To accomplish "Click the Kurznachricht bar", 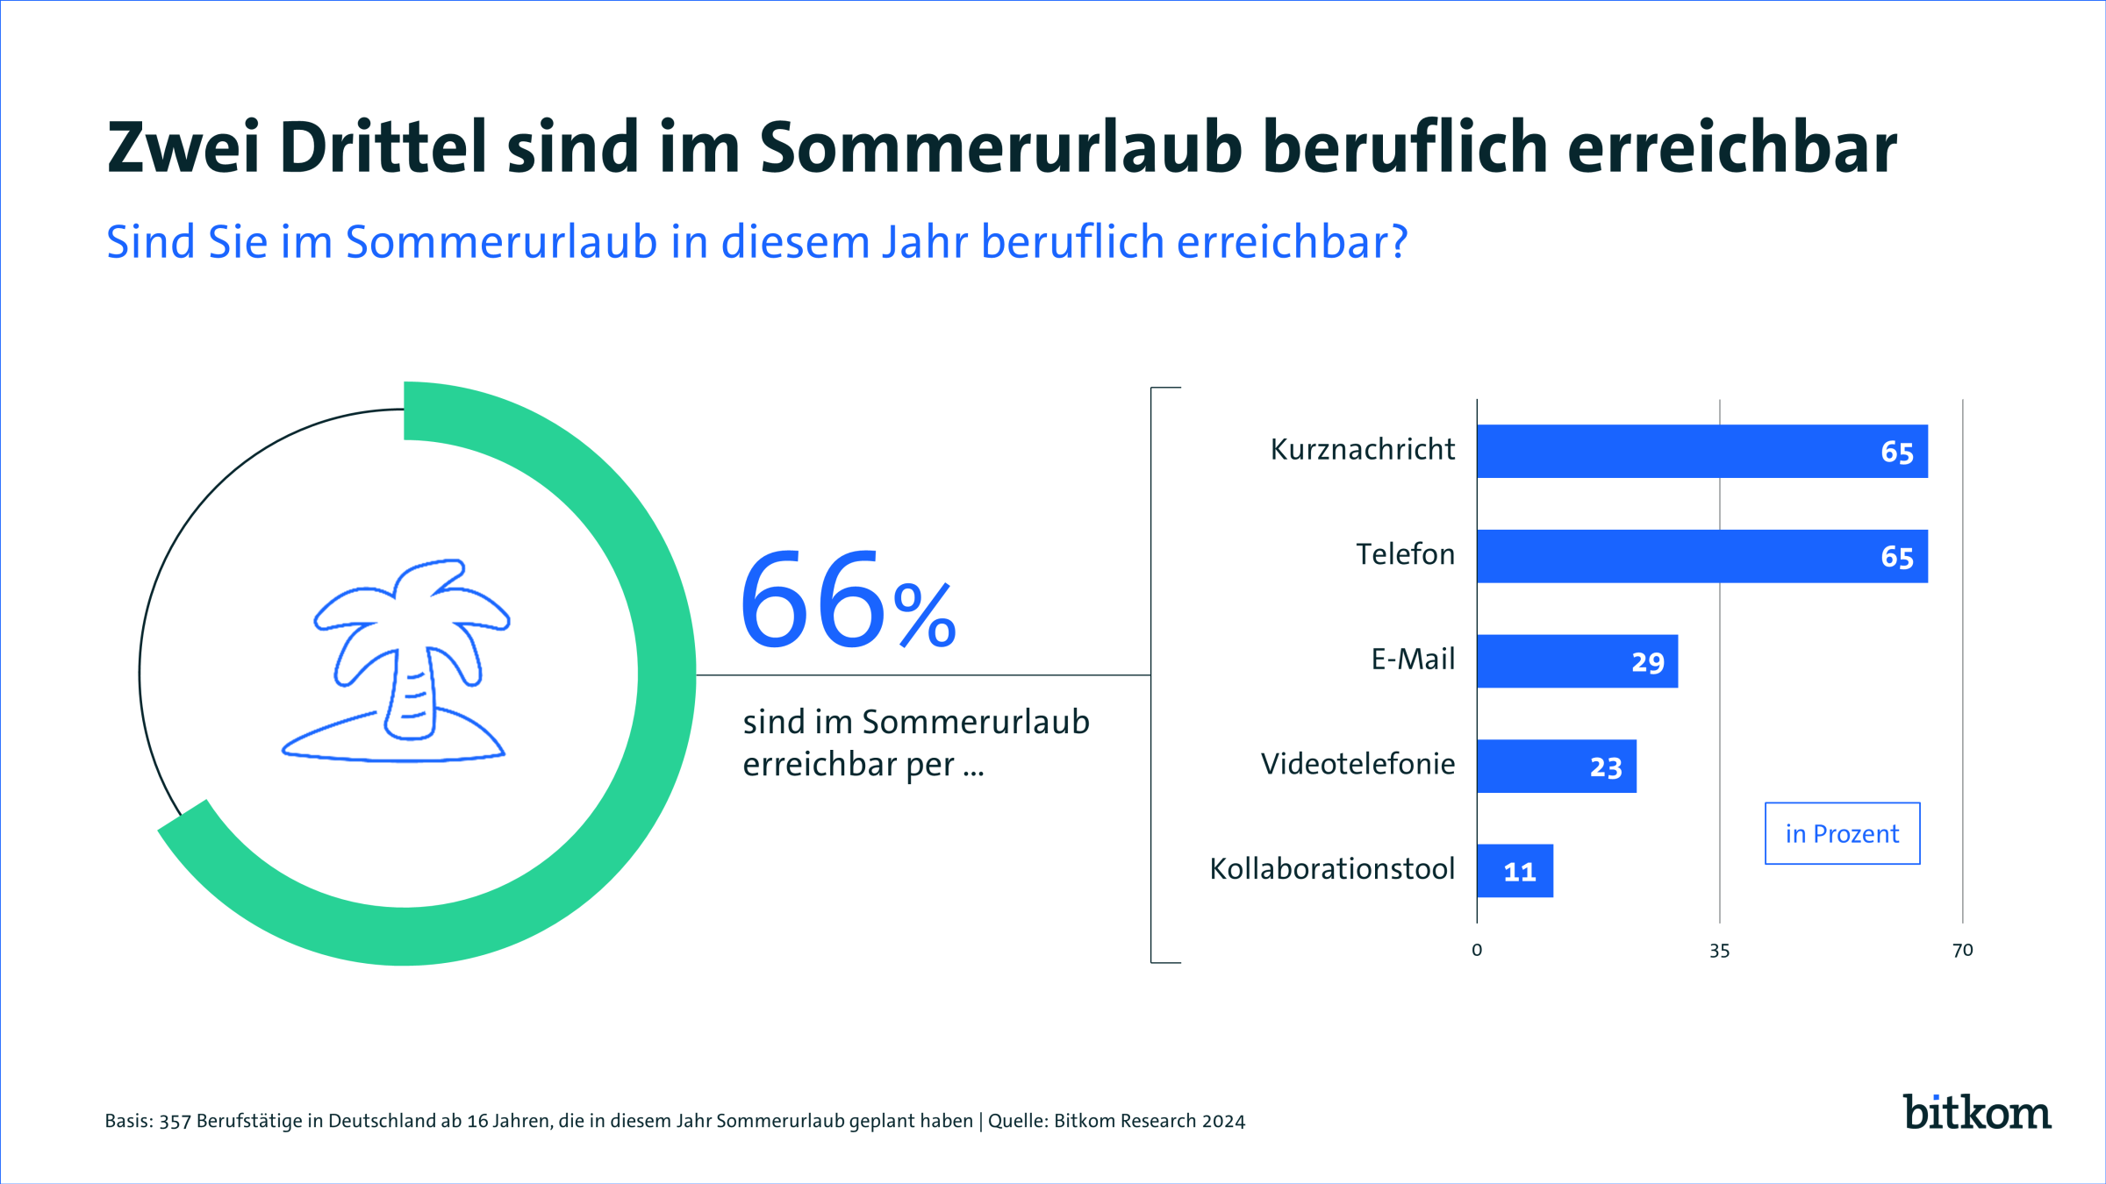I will (x=1701, y=452).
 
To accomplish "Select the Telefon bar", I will (x=1701, y=556).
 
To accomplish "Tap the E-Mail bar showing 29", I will (x=1577, y=661).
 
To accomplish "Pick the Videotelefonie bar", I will (x=1556, y=767).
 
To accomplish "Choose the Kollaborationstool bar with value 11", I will (x=1515, y=871).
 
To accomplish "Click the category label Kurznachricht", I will (x=1362, y=450).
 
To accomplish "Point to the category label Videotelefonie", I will (x=1357, y=765).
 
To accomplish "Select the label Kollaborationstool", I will (x=1332, y=869).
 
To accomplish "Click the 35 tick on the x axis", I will (x=1719, y=951).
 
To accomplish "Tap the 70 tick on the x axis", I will (x=1962, y=951).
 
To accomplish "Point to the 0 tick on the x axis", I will (x=1477, y=951).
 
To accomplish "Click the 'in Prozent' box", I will (x=1842, y=833).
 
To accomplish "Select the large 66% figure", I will (x=847, y=601).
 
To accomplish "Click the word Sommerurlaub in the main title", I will (x=1000, y=147).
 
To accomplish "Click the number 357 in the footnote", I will (x=175, y=1122).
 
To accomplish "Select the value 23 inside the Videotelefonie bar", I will (x=1606, y=767).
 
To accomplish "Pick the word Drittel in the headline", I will (x=383, y=147).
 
